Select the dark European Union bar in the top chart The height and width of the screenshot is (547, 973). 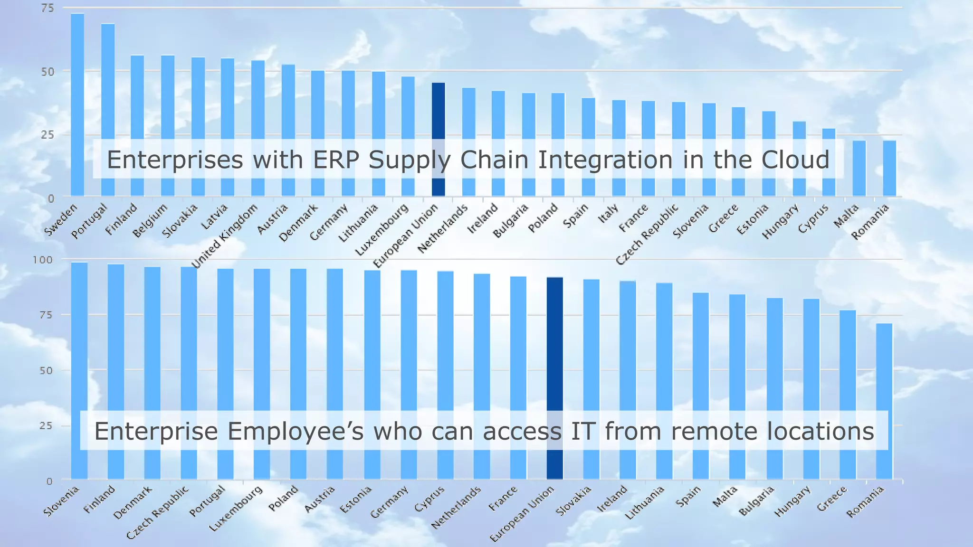438,114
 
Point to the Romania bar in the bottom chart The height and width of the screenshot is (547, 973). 884,380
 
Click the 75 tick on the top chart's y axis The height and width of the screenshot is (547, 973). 48,8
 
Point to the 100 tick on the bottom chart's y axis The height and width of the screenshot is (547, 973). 42,260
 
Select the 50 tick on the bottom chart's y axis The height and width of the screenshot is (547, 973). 46,370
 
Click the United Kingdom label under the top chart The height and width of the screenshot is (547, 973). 225,235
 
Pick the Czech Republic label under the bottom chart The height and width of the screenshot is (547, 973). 158,512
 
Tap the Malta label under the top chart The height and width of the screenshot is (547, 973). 846,215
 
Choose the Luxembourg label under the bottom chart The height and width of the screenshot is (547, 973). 236,508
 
